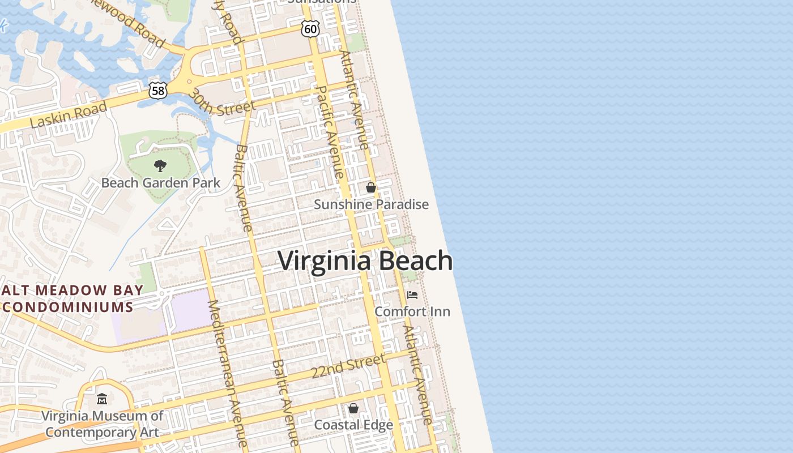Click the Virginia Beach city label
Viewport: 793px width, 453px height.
tap(365, 261)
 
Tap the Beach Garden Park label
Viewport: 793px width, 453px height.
tap(160, 183)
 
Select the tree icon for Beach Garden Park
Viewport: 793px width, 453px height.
tap(160, 165)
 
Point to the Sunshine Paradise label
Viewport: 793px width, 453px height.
tap(371, 204)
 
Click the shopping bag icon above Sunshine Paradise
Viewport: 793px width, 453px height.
tap(371, 187)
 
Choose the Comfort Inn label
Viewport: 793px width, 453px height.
tap(412, 311)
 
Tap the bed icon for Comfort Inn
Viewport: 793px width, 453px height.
tap(412, 295)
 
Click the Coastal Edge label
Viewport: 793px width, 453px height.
tap(353, 425)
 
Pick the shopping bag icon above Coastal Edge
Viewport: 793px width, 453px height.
tap(353, 408)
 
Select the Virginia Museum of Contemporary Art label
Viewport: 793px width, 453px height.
tap(102, 424)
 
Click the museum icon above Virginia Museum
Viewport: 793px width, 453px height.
tap(102, 399)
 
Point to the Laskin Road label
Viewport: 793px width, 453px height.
tap(68, 114)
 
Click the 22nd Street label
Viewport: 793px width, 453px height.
tap(348, 367)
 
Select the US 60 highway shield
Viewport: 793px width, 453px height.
tap(310, 28)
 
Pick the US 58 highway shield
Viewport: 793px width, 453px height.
tap(159, 89)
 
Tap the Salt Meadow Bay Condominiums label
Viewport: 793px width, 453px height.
tap(68, 298)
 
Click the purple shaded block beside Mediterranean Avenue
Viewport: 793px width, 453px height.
tap(190, 310)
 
